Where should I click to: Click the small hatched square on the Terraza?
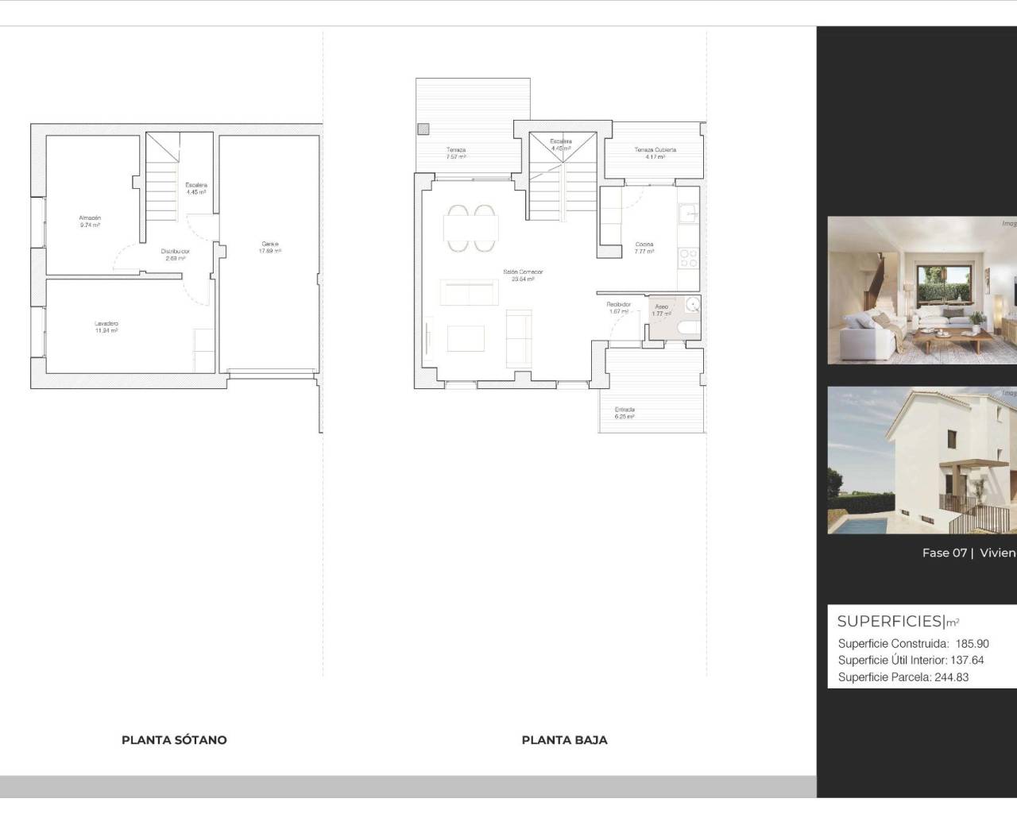423,128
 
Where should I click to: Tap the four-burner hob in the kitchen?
688,257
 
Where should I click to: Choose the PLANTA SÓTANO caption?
174,740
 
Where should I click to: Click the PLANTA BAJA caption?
564,740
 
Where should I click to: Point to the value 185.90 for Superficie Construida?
973,644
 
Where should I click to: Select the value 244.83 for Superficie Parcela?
951,677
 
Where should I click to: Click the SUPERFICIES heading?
889,622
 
